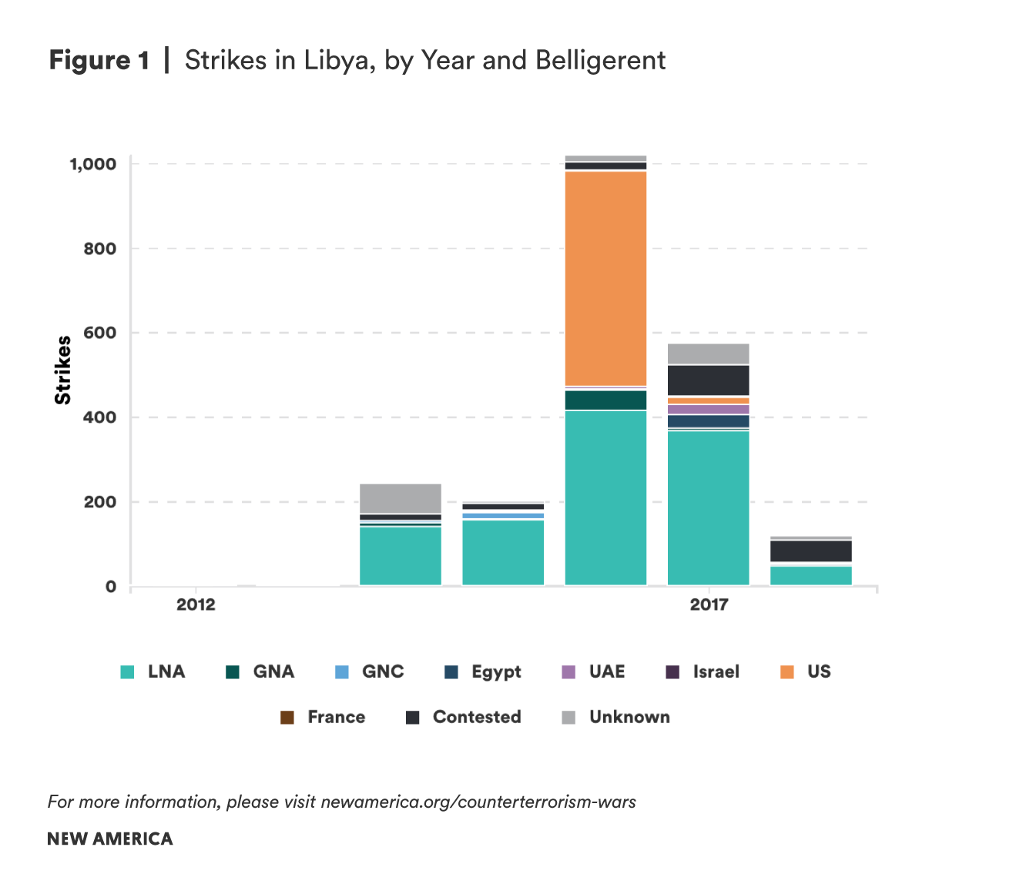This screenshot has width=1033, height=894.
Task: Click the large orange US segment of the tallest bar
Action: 605,277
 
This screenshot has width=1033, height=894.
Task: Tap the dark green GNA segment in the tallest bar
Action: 605,400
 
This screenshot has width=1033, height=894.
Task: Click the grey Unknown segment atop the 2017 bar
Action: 708,353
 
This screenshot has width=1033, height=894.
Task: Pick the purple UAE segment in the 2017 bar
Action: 708,409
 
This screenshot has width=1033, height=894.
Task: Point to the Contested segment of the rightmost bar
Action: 810,551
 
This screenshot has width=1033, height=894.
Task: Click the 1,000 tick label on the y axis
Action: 92,164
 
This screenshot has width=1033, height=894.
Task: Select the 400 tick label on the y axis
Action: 100,417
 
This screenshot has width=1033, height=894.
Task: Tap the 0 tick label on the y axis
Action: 111,587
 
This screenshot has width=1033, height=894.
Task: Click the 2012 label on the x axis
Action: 196,604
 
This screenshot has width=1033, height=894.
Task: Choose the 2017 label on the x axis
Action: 709,604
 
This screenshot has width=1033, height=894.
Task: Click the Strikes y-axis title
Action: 63,370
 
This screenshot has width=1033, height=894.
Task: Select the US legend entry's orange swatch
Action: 786,672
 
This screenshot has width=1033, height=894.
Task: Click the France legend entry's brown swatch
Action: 287,718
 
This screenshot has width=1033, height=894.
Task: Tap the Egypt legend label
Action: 496,672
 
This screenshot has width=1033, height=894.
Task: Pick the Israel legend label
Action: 716,672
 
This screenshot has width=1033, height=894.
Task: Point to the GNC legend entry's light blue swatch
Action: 342,672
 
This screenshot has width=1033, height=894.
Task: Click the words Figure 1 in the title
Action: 99,60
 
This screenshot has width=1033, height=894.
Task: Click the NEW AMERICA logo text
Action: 110,839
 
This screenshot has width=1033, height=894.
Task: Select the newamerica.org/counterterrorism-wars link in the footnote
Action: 478,802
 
